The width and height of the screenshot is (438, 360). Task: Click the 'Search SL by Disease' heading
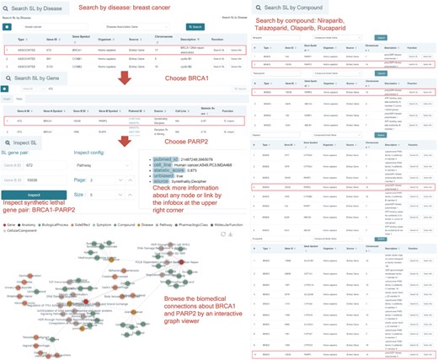40,8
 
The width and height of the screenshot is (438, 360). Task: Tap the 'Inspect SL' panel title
28,141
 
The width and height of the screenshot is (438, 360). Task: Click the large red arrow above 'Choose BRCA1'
124,78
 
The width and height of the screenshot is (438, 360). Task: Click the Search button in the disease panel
195,27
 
